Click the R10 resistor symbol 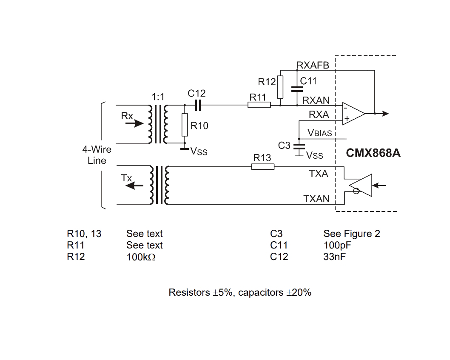pyautogui.click(x=185, y=125)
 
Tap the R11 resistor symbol pyautogui.click(x=259, y=105)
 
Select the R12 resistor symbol pyautogui.click(x=280, y=87)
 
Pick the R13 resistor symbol pyautogui.click(x=262, y=166)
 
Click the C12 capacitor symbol pyautogui.click(x=198, y=105)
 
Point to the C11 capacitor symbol pyautogui.click(x=297, y=89)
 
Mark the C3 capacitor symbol pyautogui.click(x=299, y=146)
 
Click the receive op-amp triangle pyautogui.click(x=353, y=114)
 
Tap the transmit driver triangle pyautogui.click(x=360, y=185)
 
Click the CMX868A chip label pyautogui.click(x=373, y=153)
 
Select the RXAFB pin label pyautogui.click(x=313, y=66)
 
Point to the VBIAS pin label pyautogui.click(x=320, y=133)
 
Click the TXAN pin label pyautogui.click(x=316, y=199)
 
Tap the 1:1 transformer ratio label pyautogui.click(x=158, y=97)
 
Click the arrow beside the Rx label pyautogui.click(x=134, y=123)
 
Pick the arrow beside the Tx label pyautogui.click(x=134, y=186)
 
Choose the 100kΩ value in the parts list pyautogui.click(x=141, y=257)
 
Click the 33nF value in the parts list pyautogui.click(x=335, y=257)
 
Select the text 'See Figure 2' pyautogui.click(x=352, y=234)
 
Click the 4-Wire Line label pyautogui.click(x=97, y=155)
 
